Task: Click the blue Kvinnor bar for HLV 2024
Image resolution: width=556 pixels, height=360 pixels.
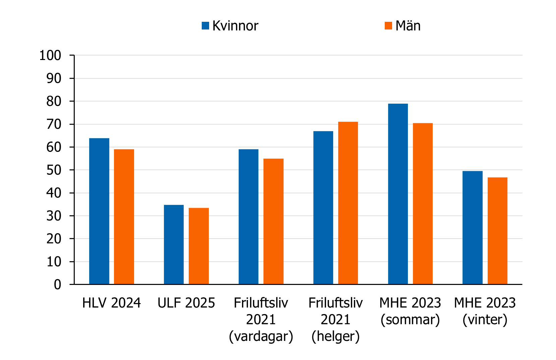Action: (x=99, y=211)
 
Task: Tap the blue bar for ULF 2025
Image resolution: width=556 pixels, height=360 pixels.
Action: (x=174, y=244)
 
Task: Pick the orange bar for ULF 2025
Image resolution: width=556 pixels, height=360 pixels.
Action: (x=199, y=246)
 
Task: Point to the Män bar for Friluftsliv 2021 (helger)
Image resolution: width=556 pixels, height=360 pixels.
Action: (x=348, y=203)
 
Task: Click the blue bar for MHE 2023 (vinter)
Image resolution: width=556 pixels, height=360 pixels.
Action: (x=473, y=228)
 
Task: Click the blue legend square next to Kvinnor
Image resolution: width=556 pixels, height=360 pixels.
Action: (x=205, y=26)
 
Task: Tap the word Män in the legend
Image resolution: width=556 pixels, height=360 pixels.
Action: (x=408, y=26)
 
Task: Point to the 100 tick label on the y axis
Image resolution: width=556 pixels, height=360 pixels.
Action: (x=50, y=55)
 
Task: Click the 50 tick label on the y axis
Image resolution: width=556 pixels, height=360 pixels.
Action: (x=54, y=170)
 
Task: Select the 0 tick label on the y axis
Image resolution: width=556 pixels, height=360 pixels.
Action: (x=58, y=285)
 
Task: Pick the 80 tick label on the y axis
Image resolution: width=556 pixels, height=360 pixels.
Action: (x=54, y=101)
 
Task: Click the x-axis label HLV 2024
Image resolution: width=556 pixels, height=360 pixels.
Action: (x=112, y=303)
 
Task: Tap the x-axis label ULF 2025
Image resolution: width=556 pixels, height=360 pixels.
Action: (x=186, y=303)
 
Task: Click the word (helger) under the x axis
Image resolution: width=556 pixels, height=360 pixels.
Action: (x=335, y=336)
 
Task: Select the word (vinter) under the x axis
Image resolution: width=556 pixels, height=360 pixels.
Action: (x=485, y=319)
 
